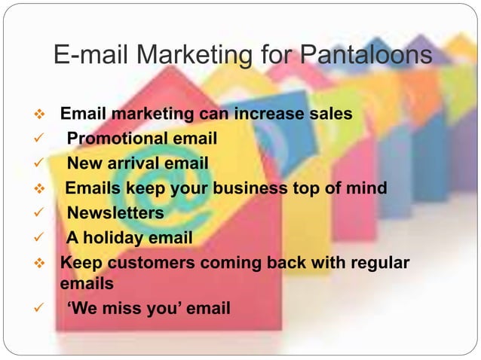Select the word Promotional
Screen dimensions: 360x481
(118, 139)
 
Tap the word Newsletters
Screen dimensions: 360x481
(115, 214)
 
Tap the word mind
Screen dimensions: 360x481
(368, 187)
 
